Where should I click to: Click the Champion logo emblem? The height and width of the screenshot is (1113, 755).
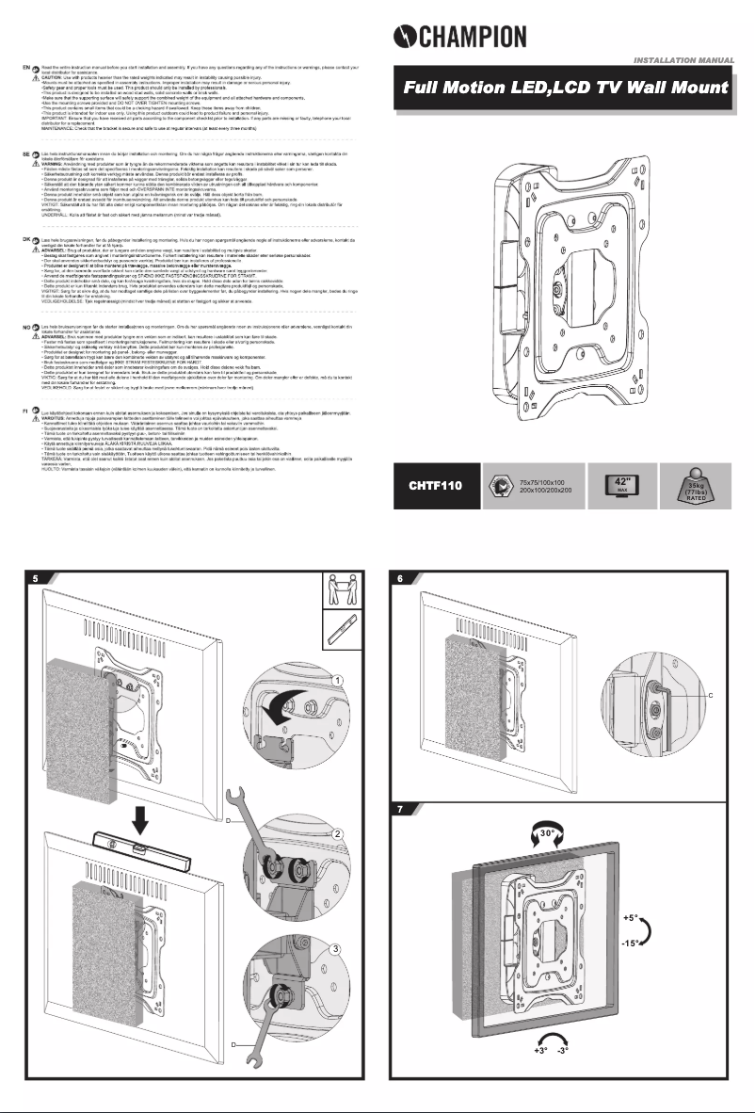coord(404,37)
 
